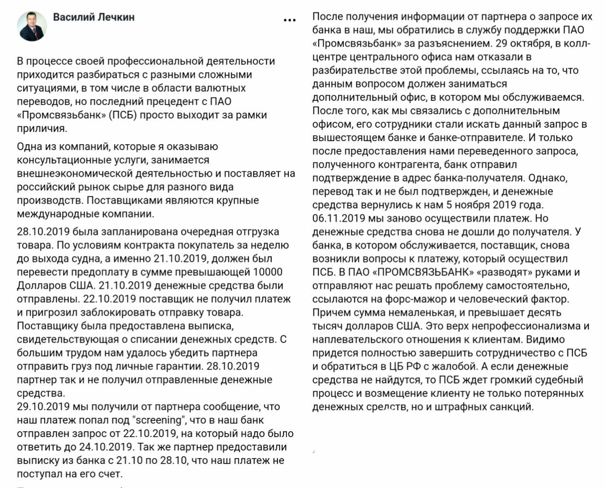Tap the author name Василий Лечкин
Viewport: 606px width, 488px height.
tap(94, 17)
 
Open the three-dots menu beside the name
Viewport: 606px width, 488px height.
tap(289, 20)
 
